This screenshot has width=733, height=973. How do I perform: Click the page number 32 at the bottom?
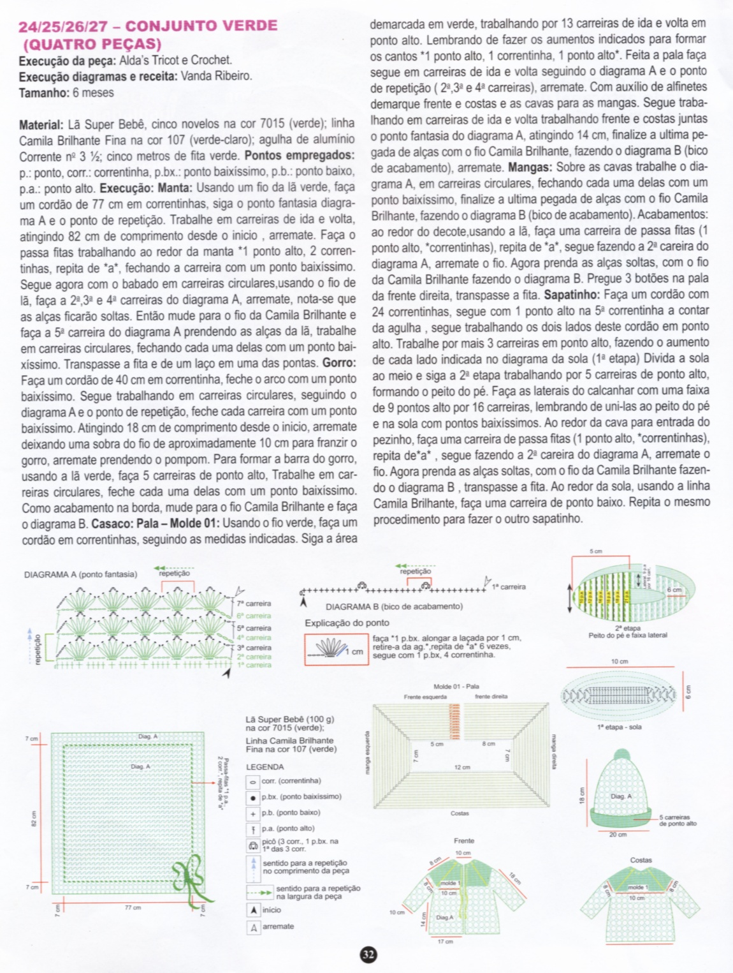point(368,954)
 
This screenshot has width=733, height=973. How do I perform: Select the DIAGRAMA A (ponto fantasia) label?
point(80,574)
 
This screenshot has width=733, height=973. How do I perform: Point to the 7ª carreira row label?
point(254,603)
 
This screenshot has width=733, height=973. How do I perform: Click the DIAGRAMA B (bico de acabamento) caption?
point(394,606)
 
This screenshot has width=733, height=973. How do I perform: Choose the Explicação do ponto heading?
point(347,623)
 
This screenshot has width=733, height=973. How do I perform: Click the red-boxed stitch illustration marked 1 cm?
point(336,649)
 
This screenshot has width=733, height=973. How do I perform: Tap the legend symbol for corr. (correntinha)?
point(253,781)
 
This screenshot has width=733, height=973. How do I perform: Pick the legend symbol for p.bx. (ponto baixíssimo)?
point(253,798)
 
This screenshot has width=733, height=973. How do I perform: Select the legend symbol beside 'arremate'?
point(253,927)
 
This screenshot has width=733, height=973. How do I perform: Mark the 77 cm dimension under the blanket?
point(133,907)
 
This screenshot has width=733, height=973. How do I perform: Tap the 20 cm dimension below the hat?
point(617,835)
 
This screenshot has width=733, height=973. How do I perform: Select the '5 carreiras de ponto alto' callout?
point(677,821)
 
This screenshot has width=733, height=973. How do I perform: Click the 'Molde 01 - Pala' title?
point(456,687)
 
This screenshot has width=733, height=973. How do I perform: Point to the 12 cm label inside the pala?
point(462,768)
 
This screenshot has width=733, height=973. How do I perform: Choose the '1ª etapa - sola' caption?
point(619,727)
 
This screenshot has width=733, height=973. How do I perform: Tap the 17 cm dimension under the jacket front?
point(445,941)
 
